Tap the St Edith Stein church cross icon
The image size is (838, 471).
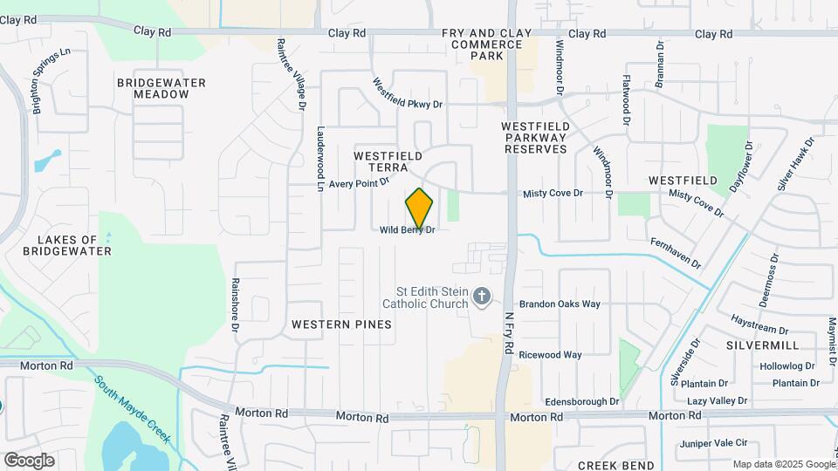tap(481, 298)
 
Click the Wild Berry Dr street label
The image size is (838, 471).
tap(407, 230)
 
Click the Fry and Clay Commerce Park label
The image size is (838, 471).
tap(486, 44)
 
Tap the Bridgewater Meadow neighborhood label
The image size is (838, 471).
tap(161, 88)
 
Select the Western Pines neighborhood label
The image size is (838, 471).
tap(341, 324)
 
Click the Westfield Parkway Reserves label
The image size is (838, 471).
tap(536, 138)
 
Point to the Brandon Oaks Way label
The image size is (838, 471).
tap(560, 304)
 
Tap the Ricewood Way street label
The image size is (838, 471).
tap(550, 355)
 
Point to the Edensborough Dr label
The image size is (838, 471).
tap(581, 401)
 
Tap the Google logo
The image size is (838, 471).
tap(29, 461)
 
